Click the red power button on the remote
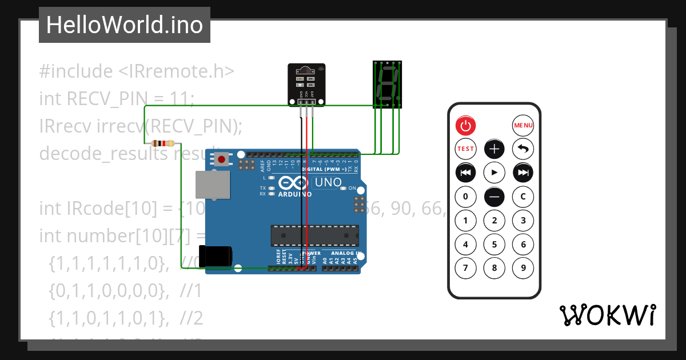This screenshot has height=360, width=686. [465, 125]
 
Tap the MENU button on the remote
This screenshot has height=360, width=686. [523, 125]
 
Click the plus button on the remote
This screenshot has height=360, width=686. [494, 149]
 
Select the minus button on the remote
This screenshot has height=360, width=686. [494, 197]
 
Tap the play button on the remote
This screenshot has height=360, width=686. [494, 173]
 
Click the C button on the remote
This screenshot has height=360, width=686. [523, 197]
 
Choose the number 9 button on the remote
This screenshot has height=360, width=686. [523, 267]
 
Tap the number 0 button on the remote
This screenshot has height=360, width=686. [465, 197]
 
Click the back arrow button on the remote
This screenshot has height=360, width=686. [523, 149]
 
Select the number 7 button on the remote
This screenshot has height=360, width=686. [465, 267]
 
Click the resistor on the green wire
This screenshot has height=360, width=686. [163, 143]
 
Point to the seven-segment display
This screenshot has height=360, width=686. [387, 84]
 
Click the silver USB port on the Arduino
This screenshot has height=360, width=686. [211, 185]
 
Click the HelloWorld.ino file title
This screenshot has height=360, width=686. [125, 25]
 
